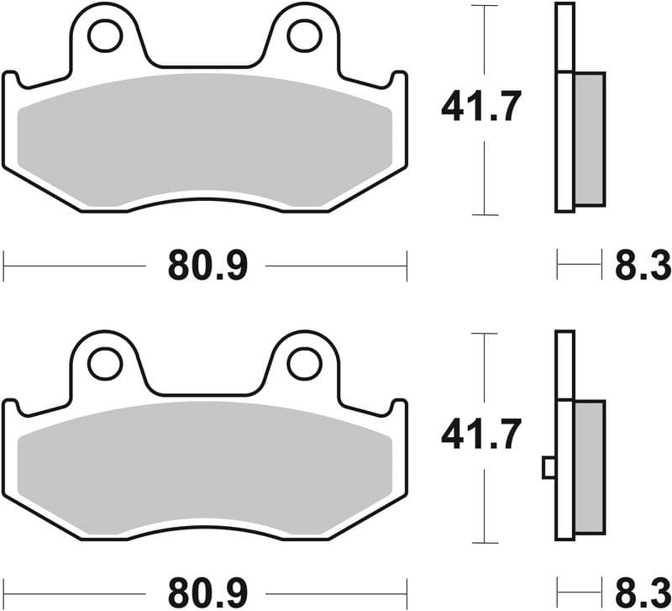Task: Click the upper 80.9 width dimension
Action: click(x=207, y=266)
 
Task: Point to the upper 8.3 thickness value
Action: click(x=643, y=266)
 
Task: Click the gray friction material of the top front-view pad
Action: click(x=205, y=139)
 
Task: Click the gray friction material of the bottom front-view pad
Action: click(x=205, y=467)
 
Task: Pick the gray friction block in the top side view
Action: click(x=589, y=139)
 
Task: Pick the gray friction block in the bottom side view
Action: click(x=589, y=467)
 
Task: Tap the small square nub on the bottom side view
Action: click(x=549, y=467)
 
